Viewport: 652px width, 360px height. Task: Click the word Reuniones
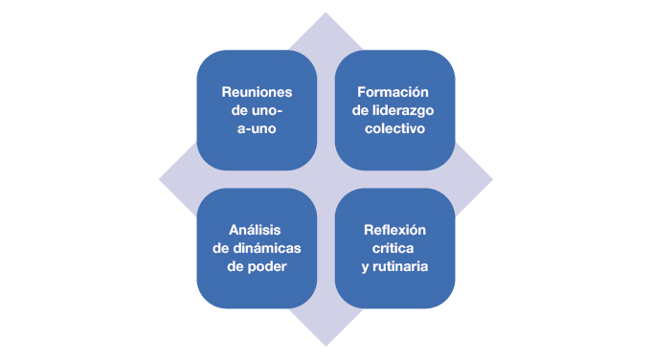[x=257, y=93]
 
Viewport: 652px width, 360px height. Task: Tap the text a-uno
[x=257, y=128]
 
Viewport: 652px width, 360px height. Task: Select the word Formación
[x=394, y=93]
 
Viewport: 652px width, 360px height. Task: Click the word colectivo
[x=394, y=128]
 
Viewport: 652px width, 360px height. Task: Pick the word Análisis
[x=257, y=231]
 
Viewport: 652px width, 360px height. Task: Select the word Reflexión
[x=394, y=231]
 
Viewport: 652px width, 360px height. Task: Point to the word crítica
[x=394, y=248]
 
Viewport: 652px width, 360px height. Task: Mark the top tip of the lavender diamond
[x=326, y=14]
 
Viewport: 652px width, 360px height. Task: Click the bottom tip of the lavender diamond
[x=326, y=345]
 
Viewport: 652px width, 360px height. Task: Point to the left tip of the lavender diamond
[x=160, y=179]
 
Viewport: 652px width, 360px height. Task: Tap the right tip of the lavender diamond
[x=491, y=179]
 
